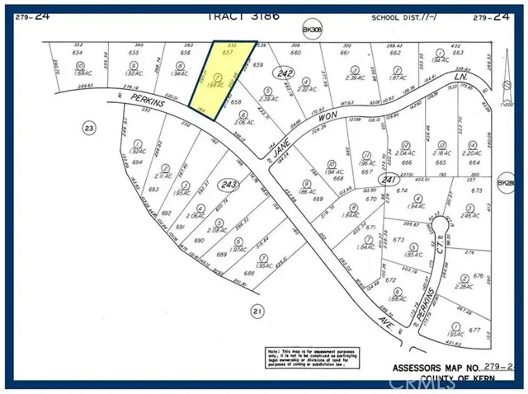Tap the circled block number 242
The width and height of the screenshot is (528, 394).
click(x=286, y=73)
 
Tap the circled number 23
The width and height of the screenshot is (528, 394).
click(x=88, y=128)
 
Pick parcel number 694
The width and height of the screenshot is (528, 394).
click(x=135, y=162)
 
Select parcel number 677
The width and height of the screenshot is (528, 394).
click(x=475, y=330)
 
